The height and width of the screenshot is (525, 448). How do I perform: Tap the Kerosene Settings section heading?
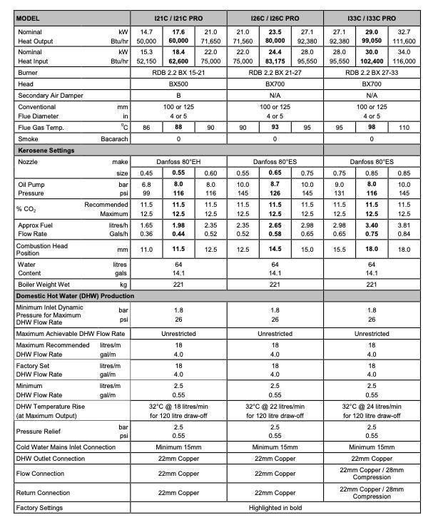pyautogui.click(x=46, y=151)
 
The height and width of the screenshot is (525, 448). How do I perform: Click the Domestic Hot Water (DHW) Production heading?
pyautogui.click(x=75, y=295)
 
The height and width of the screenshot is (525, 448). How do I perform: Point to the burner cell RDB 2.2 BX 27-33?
pyautogui.click(x=372, y=72)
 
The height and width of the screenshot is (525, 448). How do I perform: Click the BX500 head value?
pyautogui.click(x=178, y=83)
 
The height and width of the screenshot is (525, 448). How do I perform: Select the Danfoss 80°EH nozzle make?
pyautogui.click(x=178, y=163)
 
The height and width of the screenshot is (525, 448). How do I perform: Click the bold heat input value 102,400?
pyautogui.click(x=372, y=61)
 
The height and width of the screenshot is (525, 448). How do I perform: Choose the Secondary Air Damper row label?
pyautogui.click(x=49, y=95)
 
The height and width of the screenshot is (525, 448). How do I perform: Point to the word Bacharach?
pyautogui.click(x=114, y=139)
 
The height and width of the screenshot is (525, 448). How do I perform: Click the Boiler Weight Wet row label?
pyautogui.click(x=44, y=285)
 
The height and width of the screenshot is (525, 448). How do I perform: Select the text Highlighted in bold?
pyautogui.click(x=275, y=508)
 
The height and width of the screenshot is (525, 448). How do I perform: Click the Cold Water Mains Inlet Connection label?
pyautogui.click(x=66, y=447)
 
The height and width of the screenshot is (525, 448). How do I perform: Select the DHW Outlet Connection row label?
pyautogui.click(x=51, y=459)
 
